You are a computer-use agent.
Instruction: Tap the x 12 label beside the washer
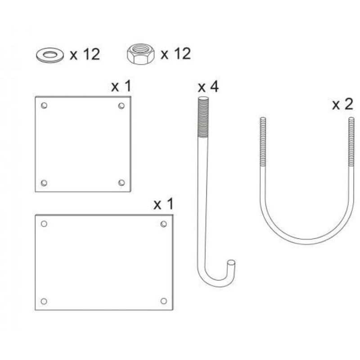[84, 54]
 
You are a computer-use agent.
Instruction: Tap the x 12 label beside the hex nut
[175, 54]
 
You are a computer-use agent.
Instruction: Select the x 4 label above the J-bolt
[208, 86]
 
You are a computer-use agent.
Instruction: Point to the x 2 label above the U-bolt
[342, 104]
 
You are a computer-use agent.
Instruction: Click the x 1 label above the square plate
[121, 86]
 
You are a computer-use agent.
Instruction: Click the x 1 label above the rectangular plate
[163, 204]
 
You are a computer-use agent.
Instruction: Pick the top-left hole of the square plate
[44, 106]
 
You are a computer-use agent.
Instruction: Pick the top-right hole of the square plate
[121, 106]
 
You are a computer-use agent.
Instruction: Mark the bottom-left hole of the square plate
[44, 183]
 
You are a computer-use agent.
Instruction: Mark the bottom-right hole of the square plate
[121, 183]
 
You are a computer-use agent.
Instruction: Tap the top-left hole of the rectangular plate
[44, 224]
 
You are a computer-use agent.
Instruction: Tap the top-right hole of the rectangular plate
[164, 224]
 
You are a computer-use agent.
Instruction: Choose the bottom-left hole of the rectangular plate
[44, 301]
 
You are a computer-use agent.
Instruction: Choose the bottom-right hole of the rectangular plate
[164, 301]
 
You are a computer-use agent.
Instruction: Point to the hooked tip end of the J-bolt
[231, 263]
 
